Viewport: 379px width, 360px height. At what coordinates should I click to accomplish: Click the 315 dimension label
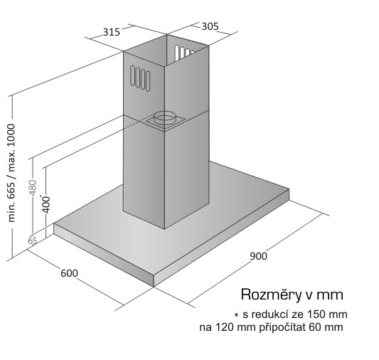[x=112, y=32]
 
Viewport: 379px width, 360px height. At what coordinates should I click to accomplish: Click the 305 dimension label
[x=210, y=26]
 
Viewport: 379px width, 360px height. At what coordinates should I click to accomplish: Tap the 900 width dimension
[x=258, y=256]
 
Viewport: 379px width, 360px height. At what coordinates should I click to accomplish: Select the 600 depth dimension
[x=69, y=273]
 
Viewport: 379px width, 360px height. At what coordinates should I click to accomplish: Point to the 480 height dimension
[x=33, y=188]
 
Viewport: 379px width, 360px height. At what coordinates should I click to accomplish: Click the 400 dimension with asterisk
[x=46, y=204]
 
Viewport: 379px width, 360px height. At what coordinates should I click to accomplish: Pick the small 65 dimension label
[x=33, y=240]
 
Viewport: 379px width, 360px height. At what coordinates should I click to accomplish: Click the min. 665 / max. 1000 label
[x=11, y=173]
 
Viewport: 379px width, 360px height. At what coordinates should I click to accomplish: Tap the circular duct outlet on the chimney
[x=166, y=117]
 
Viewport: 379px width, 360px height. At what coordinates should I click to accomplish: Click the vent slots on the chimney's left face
[x=140, y=78]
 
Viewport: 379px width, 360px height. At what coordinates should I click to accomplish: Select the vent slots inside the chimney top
[x=184, y=52]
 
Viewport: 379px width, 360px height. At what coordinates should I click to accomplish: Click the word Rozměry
[x=272, y=295]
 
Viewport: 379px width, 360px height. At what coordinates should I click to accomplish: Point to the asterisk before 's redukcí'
[x=236, y=315]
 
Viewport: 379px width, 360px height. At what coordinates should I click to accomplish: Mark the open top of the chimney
[x=166, y=51]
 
